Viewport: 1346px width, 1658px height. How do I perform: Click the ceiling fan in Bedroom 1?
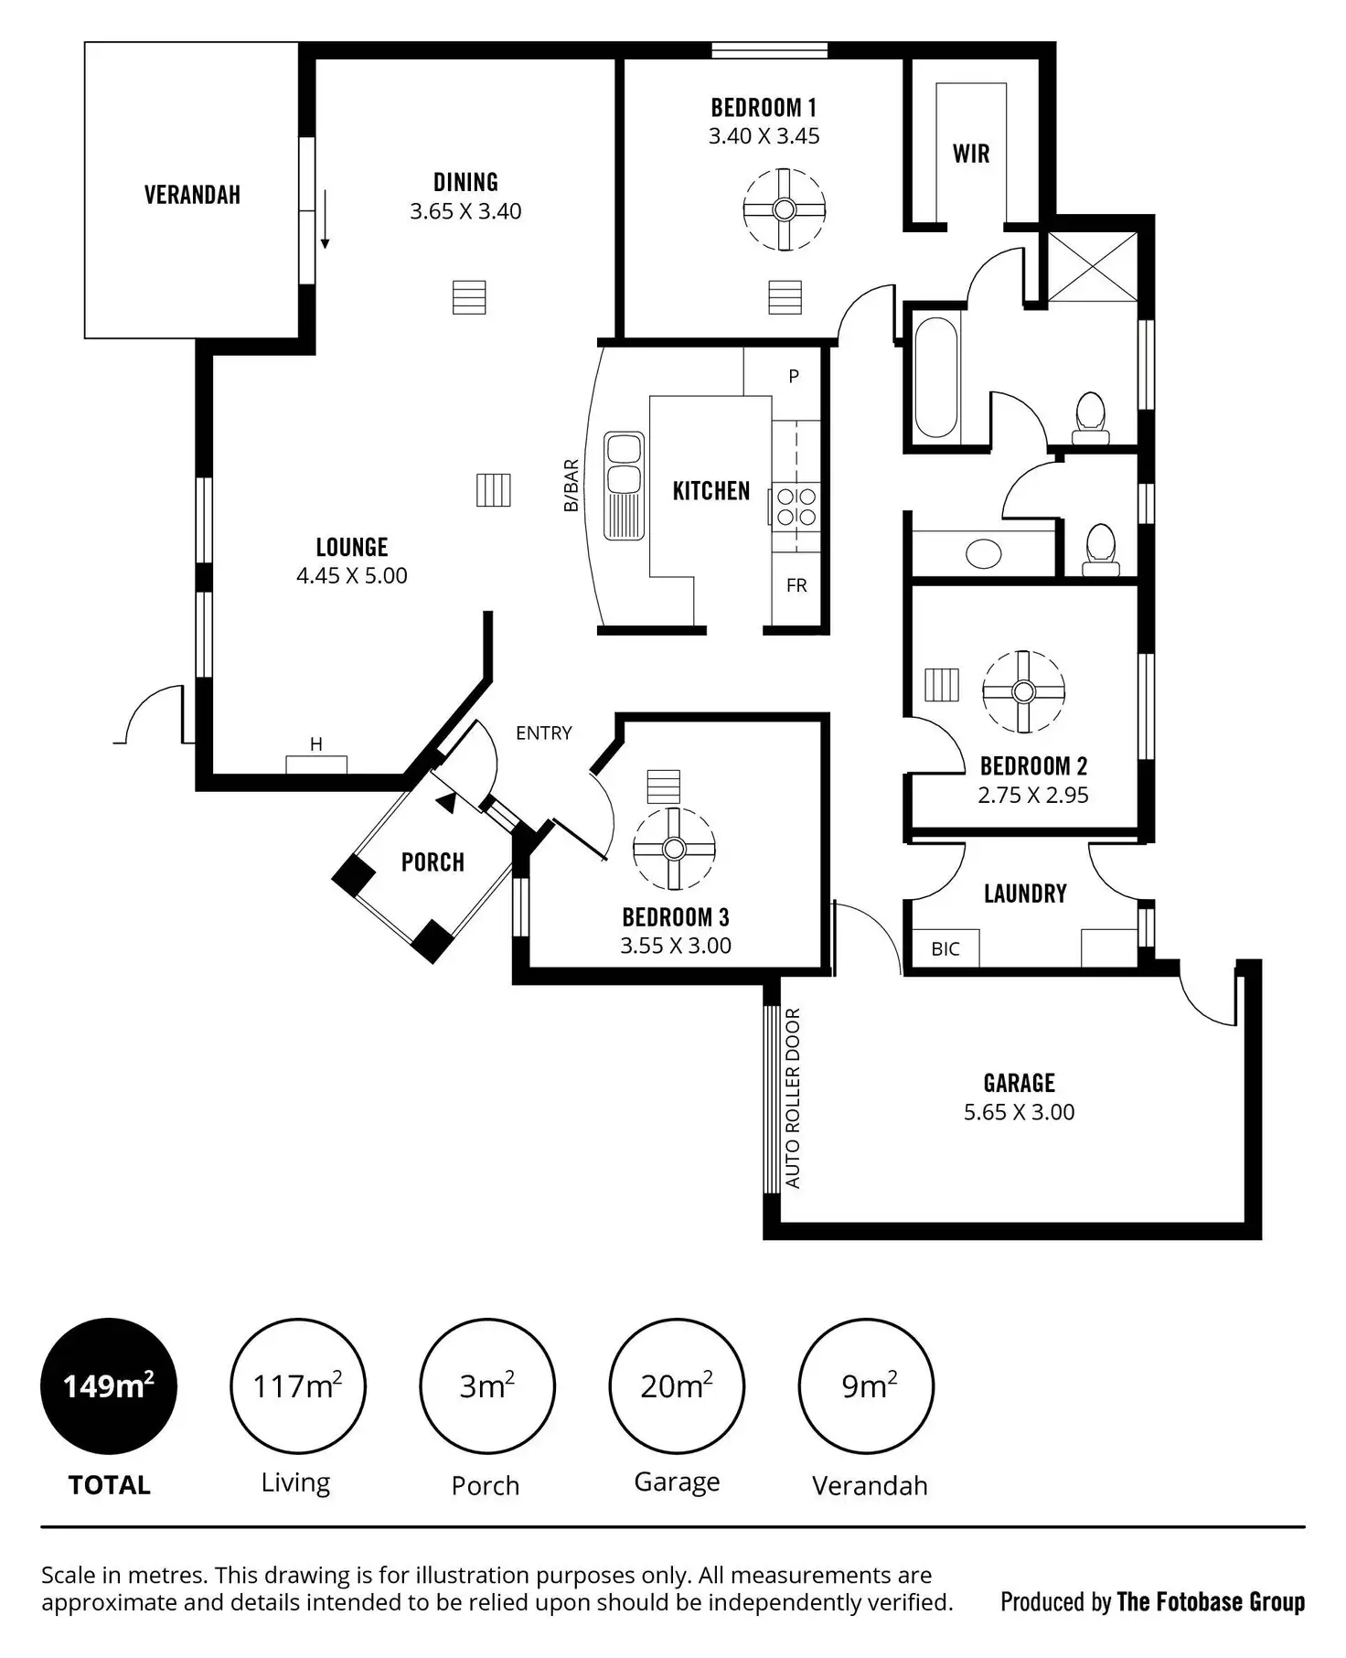[784, 209]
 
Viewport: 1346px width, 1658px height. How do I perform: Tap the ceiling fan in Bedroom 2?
[1023, 691]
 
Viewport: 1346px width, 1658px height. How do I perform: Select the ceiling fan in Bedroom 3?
[674, 849]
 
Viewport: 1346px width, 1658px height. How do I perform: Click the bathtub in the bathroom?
[935, 378]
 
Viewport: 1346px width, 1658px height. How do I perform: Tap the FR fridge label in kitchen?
[796, 585]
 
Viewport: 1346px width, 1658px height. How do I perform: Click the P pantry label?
[794, 376]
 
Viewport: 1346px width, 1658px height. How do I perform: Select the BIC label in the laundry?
[945, 949]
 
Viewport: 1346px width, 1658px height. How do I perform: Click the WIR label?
[971, 154]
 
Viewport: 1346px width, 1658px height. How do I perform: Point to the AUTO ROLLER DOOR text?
[793, 1097]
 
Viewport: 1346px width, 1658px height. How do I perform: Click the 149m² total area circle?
[109, 1386]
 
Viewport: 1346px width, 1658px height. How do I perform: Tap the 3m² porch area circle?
[486, 1386]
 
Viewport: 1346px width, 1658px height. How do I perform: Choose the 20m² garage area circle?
[677, 1386]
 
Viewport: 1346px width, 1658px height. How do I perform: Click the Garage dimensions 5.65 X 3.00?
[1019, 1112]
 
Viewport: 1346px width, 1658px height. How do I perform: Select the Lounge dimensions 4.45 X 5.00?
[352, 575]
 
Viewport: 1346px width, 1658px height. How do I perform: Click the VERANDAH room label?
[192, 195]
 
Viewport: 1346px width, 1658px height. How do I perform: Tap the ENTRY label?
[543, 733]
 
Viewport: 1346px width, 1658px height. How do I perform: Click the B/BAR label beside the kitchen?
[572, 486]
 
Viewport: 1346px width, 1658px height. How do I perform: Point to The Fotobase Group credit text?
[1211, 1601]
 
